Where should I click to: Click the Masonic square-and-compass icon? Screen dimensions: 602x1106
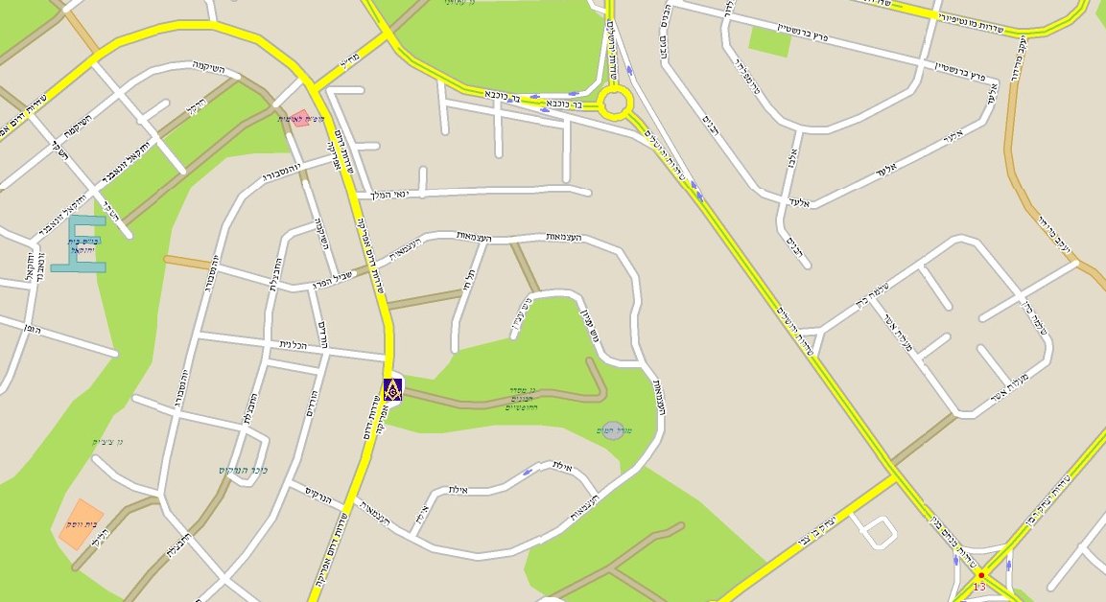(391, 389)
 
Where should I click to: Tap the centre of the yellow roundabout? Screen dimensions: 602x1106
(615, 102)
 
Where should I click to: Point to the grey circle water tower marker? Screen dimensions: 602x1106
(611, 430)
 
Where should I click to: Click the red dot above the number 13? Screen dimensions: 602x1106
(980, 574)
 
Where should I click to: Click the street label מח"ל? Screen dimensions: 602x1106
(349, 65)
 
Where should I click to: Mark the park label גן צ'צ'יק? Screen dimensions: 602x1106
(107, 441)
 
